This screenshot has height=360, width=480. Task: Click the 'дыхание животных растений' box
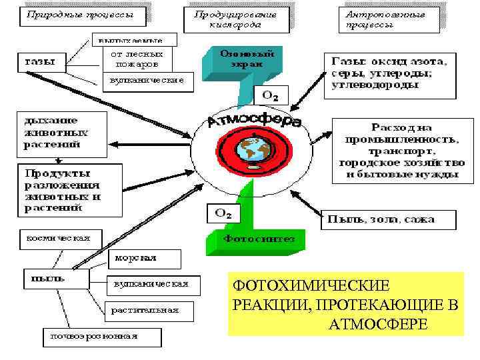[61, 131]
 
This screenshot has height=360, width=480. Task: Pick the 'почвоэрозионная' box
[101, 336]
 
